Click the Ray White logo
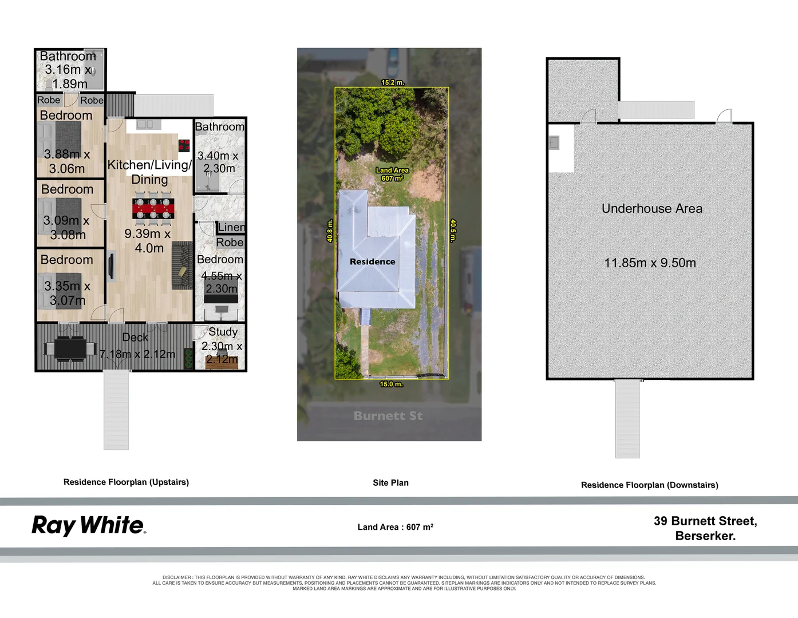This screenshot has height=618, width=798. [89, 525]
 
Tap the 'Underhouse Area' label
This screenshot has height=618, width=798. [651, 209]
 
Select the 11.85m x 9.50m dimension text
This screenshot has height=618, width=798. [650, 263]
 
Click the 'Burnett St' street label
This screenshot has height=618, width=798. [388, 416]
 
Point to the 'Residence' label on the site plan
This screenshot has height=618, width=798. [372, 262]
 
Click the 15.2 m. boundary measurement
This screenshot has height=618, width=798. [392, 82]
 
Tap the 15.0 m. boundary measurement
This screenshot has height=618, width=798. [391, 384]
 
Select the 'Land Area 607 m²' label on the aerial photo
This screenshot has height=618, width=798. [392, 174]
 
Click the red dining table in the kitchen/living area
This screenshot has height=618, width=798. [153, 208]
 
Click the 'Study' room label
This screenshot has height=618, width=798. [223, 332]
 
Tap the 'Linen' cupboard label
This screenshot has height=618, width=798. [231, 227]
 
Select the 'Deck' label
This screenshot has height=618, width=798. [135, 338]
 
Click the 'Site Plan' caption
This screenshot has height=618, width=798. [390, 482]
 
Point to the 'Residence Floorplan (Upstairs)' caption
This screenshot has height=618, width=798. [126, 482]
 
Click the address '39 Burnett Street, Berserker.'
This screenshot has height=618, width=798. [705, 528]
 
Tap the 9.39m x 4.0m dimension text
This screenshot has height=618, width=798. [148, 241]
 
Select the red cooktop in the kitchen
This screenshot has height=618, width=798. [184, 145]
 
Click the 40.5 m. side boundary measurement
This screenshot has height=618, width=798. [453, 231]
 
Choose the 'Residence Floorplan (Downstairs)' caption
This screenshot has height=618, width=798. [649, 485]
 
